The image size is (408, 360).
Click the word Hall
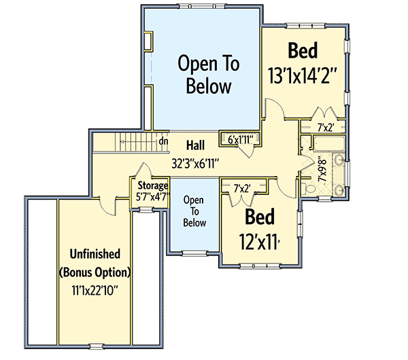tap(197, 144)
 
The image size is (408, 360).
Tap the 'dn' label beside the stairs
tap(163, 141)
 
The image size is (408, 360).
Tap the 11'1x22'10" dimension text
tap(95, 291)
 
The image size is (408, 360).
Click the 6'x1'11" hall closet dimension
tap(240, 140)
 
